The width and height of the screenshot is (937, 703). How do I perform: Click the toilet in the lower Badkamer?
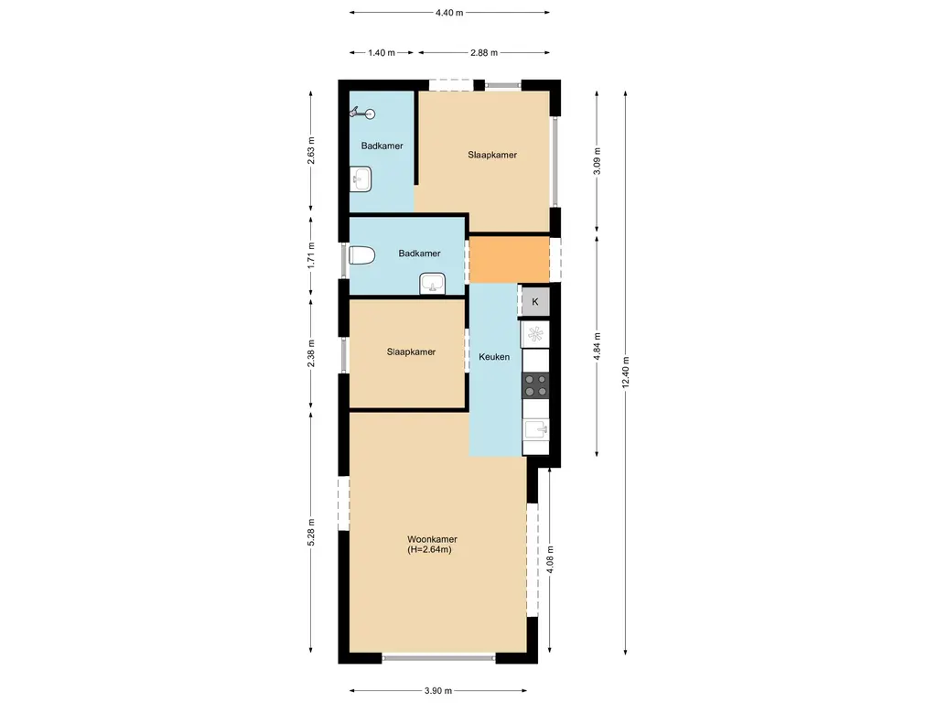pyautogui.click(x=361, y=256)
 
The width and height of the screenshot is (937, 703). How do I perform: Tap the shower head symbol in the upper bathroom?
pyautogui.click(x=362, y=113)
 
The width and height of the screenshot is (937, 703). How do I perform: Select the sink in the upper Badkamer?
pyautogui.click(x=361, y=179)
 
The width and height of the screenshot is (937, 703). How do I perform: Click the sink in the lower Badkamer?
pyautogui.click(x=432, y=284)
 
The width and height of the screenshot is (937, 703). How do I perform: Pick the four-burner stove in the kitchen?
pyautogui.click(x=535, y=385)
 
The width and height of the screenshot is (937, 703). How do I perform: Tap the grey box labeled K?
pyautogui.click(x=535, y=301)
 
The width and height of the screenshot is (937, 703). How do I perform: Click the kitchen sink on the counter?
pyautogui.click(x=536, y=429)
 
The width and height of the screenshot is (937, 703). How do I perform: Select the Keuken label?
pyautogui.click(x=494, y=357)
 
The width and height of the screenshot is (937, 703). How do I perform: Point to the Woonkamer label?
pyautogui.click(x=432, y=539)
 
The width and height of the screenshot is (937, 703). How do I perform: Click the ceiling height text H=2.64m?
pyautogui.click(x=429, y=550)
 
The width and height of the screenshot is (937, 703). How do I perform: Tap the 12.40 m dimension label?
pyautogui.click(x=626, y=372)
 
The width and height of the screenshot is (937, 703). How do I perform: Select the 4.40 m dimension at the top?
pyautogui.click(x=449, y=12)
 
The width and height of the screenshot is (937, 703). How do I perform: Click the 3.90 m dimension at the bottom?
pyautogui.click(x=438, y=691)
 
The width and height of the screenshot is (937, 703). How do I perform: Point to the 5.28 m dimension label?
pyautogui.click(x=311, y=532)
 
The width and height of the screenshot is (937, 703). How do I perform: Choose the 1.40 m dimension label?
pyautogui.click(x=382, y=52)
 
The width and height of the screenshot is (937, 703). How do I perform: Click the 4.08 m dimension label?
pyautogui.click(x=550, y=560)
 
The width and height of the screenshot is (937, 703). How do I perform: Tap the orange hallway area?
pyautogui.click(x=509, y=259)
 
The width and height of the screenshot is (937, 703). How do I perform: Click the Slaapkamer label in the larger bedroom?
pyautogui.click(x=492, y=155)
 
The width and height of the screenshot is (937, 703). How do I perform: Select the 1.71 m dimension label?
pyautogui.click(x=311, y=255)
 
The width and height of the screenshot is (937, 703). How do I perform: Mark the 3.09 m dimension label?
pyautogui.click(x=597, y=161)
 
